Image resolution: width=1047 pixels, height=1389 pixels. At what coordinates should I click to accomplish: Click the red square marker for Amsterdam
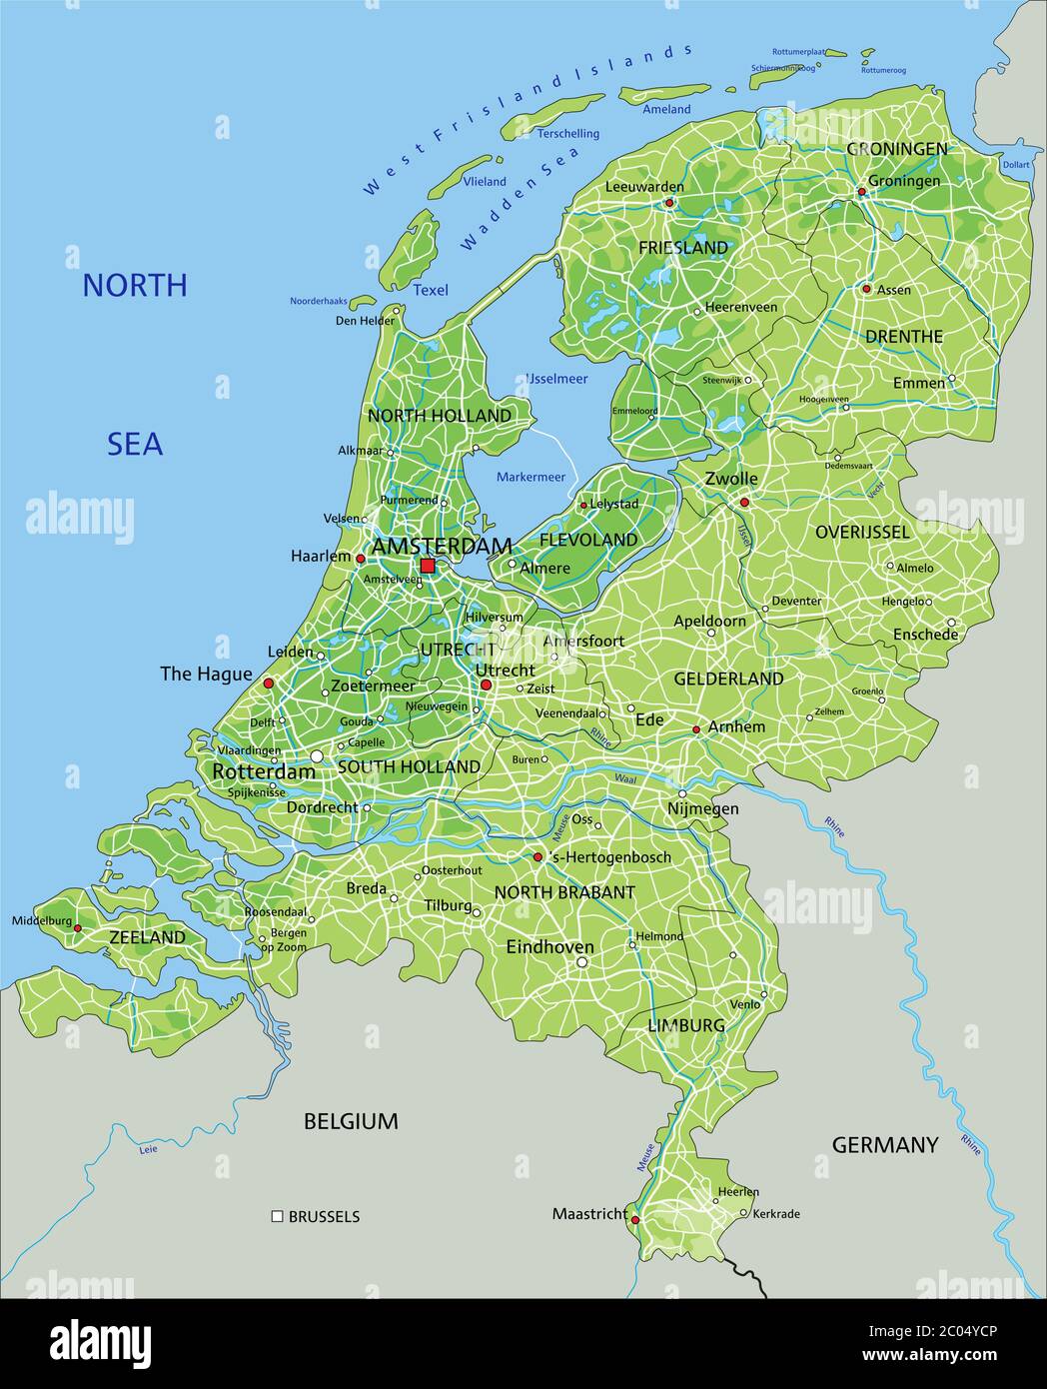(428, 566)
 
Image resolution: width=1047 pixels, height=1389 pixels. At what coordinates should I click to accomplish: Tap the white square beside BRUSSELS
(277, 1216)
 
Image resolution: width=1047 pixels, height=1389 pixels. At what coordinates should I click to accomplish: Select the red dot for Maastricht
(635, 1219)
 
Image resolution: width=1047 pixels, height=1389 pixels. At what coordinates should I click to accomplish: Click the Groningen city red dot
(861, 192)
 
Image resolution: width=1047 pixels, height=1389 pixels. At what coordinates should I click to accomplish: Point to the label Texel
(431, 291)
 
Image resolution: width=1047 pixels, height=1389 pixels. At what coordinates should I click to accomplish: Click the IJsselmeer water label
(556, 379)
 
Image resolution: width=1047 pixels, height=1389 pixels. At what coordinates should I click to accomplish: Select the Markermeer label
(530, 477)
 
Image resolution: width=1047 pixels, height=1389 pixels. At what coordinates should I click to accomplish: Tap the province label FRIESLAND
(683, 247)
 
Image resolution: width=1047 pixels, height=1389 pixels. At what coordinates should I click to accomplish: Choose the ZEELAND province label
(147, 937)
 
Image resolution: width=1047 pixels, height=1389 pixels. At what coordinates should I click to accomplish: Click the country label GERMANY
(885, 1145)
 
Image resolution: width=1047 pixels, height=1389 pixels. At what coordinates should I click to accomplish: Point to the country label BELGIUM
(351, 1121)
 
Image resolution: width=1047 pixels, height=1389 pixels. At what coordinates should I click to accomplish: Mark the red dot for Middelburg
(78, 928)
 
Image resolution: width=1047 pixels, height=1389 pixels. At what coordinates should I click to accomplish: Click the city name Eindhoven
(549, 946)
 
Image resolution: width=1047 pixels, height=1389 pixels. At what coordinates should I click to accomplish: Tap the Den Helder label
(365, 321)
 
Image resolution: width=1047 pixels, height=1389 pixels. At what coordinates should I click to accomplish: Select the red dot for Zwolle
(743, 503)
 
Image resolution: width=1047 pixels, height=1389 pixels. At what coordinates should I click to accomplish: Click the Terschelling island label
(568, 133)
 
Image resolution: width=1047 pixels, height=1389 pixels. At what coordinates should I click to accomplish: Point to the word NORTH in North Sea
(134, 286)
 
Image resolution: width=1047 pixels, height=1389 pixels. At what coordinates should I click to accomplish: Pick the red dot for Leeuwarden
(669, 202)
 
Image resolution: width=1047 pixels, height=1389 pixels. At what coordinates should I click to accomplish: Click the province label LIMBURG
(686, 1025)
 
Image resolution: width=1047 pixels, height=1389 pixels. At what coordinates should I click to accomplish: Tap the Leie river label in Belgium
(148, 1150)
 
